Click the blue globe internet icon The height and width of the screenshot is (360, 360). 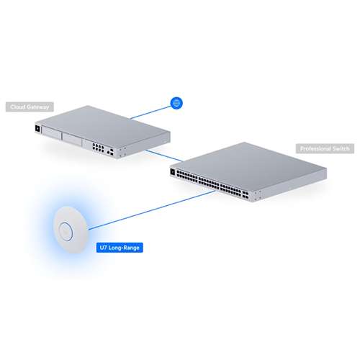pyautogui.click(x=176, y=103)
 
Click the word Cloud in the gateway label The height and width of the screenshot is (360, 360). pyautogui.click(x=18, y=107)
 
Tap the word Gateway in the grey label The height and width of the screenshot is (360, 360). pyautogui.click(x=37, y=107)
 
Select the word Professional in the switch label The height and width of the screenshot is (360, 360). pyautogui.click(x=315, y=149)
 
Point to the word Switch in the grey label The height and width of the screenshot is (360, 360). pyautogui.click(x=341, y=149)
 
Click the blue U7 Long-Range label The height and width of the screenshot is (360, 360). pyautogui.click(x=120, y=248)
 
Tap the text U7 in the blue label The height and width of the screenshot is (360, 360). pyautogui.click(x=103, y=248)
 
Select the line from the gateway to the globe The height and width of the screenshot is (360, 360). pyautogui.click(x=150, y=112)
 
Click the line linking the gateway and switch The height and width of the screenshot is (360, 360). pyautogui.click(x=164, y=156)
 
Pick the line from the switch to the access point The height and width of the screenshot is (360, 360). pyautogui.click(x=152, y=210)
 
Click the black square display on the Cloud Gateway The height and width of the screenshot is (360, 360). pyautogui.click(x=37, y=129)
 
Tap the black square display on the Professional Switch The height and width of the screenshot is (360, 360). pyautogui.click(x=173, y=172)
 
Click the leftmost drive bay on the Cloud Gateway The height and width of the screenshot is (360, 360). pyautogui.click(x=51, y=133)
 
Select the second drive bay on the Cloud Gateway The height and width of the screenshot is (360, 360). pyautogui.click(x=72, y=140)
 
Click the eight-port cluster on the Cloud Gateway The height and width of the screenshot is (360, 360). pyautogui.click(x=98, y=148)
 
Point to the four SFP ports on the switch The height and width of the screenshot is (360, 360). pyautogui.click(x=246, y=194)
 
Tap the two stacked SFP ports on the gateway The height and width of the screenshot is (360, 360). pyautogui.click(x=112, y=152)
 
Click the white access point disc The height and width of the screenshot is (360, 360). pyautogui.click(x=71, y=230)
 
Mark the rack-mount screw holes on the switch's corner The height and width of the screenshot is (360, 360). pyautogui.click(x=258, y=195)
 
